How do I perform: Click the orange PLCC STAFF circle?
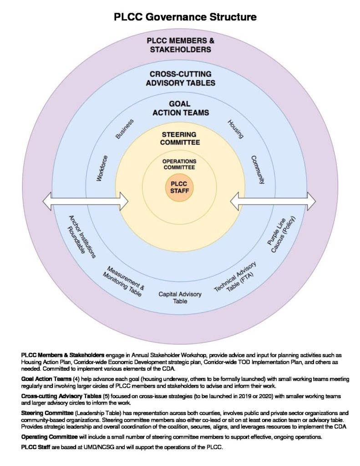179,188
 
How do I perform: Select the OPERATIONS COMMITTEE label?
179,164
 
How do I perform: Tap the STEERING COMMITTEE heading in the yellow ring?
180,138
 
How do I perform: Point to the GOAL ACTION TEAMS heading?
180,108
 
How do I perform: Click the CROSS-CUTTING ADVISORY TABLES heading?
180,78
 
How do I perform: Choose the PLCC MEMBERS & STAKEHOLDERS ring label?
180,45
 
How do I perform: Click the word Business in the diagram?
125,129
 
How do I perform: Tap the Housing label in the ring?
236,129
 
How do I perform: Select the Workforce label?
102,168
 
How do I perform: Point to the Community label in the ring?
258,170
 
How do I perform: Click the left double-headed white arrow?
85,201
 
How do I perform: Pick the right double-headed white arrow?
273,201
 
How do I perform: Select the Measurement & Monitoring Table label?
124,281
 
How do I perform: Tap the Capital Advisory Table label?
180,298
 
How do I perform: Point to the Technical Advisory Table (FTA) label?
235,277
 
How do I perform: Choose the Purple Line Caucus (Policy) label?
281,235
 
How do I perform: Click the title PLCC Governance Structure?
185,17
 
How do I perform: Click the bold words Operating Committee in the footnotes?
49,437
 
